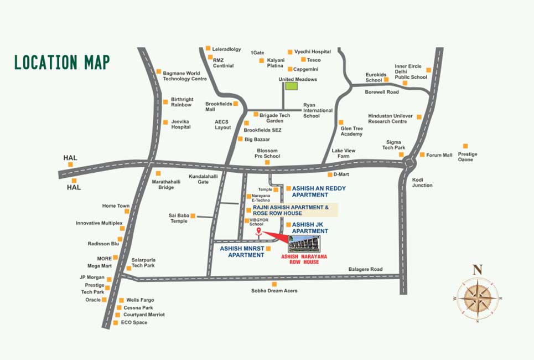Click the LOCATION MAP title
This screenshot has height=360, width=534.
62,62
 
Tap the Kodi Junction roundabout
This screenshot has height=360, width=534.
410,163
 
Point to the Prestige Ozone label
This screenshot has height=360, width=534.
467,157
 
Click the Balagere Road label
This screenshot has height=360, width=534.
365,269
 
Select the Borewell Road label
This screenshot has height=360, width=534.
382,92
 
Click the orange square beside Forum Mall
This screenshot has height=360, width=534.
422,155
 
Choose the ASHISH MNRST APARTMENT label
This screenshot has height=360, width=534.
242,252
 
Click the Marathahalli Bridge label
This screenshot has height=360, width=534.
163,184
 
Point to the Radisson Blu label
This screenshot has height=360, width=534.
103,244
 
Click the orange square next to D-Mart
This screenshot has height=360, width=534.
329,174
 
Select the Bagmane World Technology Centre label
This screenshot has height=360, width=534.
185,76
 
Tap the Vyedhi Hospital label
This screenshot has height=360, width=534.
312,52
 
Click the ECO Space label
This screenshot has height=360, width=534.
134,322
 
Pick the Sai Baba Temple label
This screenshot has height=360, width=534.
179,218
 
